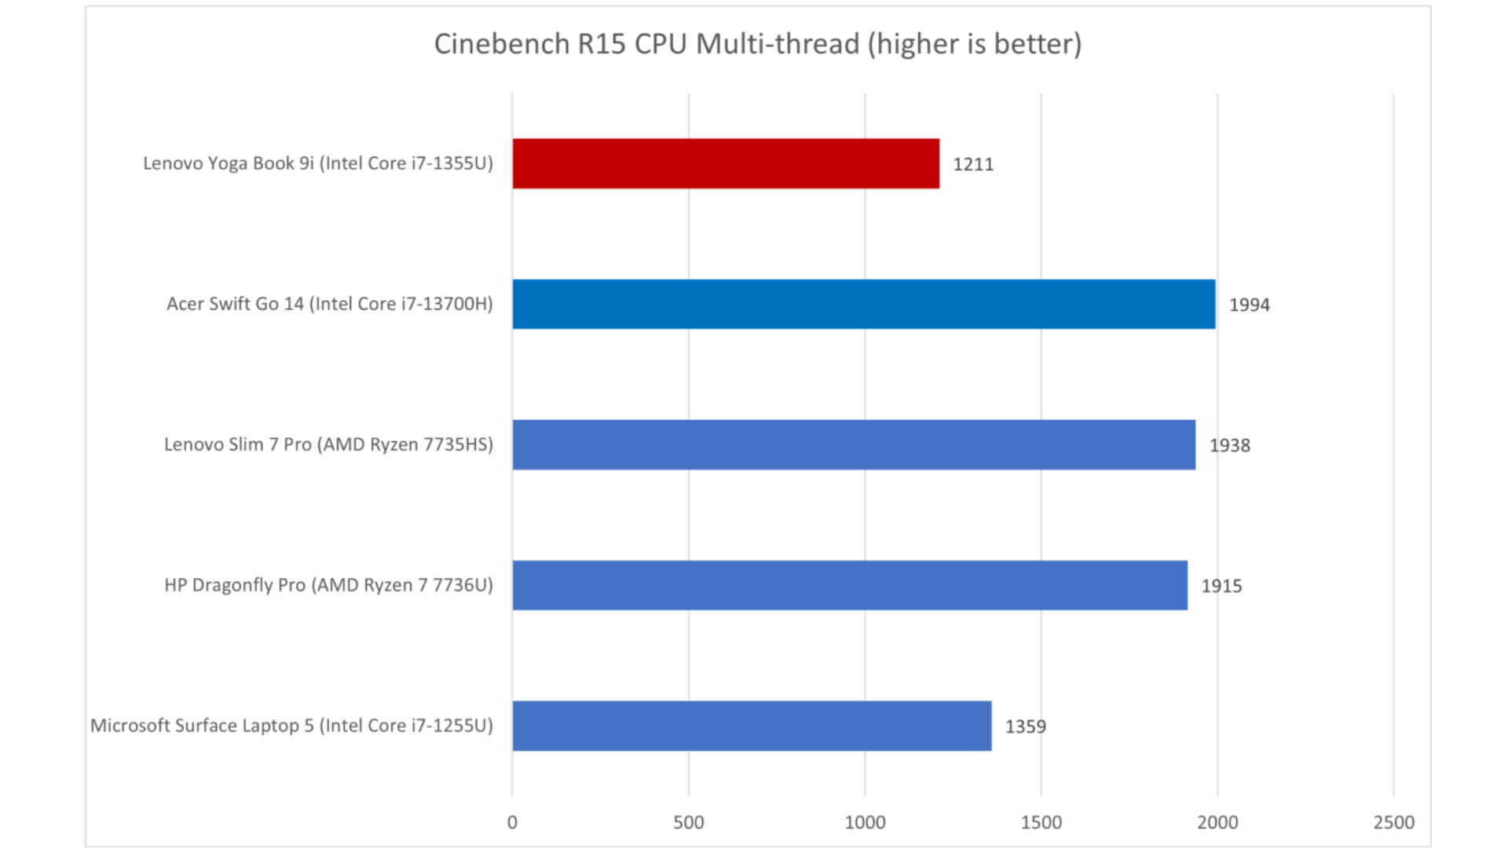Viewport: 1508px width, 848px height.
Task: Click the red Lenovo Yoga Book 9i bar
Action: coord(726,163)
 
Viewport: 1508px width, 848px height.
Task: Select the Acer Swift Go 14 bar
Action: coord(864,304)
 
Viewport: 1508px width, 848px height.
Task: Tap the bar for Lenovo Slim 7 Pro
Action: coord(854,444)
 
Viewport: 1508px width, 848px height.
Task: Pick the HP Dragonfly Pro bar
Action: coord(850,585)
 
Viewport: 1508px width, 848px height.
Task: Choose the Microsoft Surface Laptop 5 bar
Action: coord(752,726)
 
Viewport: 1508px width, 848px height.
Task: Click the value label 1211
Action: coord(973,164)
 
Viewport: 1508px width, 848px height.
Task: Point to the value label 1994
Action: coord(1249,305)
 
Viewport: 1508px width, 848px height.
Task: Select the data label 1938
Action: coord(1229,445)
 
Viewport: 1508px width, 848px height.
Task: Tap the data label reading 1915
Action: coord(1221,586)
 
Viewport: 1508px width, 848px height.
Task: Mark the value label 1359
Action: coord(1025,726)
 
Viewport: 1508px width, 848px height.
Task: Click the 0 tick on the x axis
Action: coord(512,822)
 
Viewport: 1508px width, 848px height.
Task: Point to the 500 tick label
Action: coord(689,822)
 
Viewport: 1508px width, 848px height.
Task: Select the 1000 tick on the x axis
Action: coord(865,822)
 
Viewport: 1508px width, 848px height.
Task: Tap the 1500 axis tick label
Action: coord(1041,822)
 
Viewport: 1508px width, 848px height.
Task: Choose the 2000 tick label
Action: coord(1217,822)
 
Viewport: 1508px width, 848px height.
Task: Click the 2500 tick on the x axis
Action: coord(1393,822)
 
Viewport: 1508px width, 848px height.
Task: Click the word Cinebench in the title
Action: coord(502,44)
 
